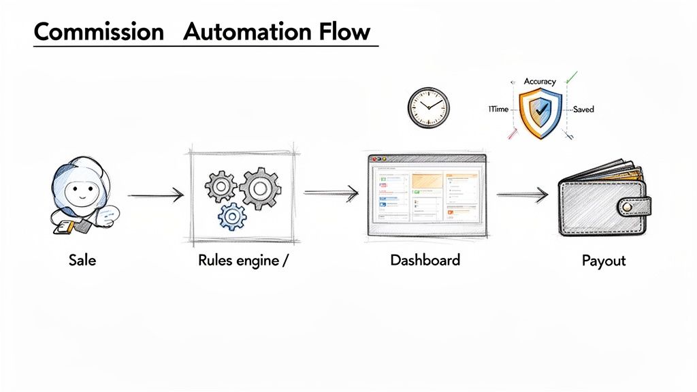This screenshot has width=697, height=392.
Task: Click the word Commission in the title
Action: click(x=98, y=32)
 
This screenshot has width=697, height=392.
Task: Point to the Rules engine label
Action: click(x=238, y=259)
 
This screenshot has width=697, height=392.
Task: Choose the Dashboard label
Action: click(x=425, y=259)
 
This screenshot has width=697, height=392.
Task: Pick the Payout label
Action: click(x=603, y=260)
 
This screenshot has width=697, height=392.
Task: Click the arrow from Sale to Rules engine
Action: click(x=156, y=196)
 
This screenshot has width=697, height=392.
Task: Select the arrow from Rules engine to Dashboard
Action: click(x=331, y=194)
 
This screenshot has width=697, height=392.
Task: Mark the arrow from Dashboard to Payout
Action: click(x=522, y=195)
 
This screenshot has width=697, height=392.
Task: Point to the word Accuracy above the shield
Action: click(x=539, y=82)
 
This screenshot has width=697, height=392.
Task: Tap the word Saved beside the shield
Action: click(x=583, y=110)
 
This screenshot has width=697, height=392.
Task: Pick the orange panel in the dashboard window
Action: click(x=426, y=181)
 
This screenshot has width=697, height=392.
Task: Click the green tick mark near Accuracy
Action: click(x=572, y=76)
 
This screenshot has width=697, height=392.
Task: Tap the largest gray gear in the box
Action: click(x=260, y=188)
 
